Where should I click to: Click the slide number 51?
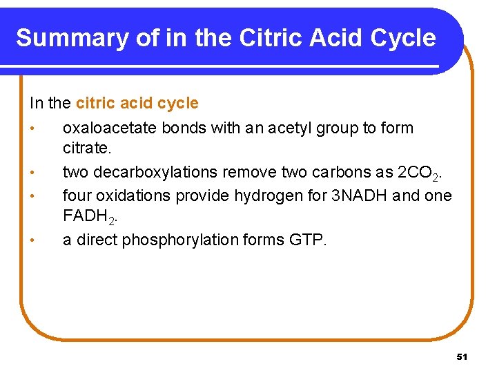(462, 356)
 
